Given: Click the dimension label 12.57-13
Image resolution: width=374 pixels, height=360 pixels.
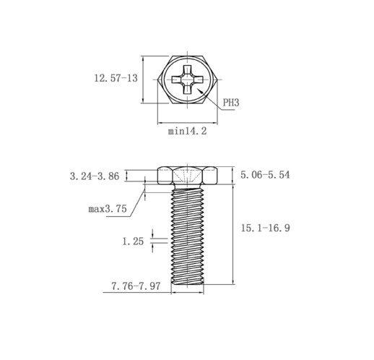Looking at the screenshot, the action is coord(116,78).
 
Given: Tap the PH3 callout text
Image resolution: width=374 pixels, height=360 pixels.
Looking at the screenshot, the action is coord(231,103).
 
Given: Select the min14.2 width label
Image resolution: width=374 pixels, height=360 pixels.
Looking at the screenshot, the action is coord(187,132).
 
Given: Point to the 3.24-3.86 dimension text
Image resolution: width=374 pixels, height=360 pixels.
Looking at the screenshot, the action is coord(95,176).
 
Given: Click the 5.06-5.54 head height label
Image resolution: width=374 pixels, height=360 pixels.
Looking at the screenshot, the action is coord(265,175).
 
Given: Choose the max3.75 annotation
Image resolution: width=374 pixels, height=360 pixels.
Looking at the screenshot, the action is coord(108,209).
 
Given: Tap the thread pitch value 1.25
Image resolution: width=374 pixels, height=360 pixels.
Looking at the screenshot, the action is coord(133,241).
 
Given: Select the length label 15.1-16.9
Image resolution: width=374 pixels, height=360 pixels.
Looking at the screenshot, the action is coord(266,228).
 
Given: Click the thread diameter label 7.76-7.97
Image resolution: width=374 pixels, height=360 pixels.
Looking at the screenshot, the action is coord(136,286).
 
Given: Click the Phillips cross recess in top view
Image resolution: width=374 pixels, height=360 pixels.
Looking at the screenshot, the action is coord(187,80).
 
